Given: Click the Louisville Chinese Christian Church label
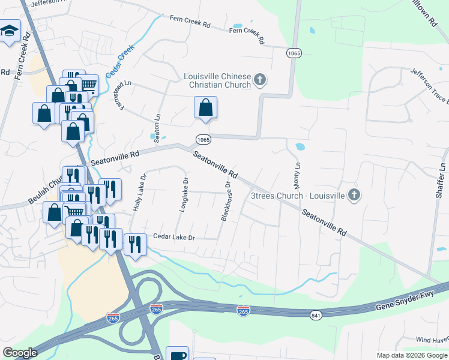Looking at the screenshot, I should click(x=217, y=80).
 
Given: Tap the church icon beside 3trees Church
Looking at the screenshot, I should click(x=354, y=195).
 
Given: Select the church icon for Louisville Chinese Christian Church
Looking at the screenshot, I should click(x=260, y=79).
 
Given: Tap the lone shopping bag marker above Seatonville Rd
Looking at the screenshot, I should click(x=205, y=108).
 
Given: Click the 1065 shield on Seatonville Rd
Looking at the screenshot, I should click(x=202, y=139).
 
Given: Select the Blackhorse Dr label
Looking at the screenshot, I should click(x=226, y=202).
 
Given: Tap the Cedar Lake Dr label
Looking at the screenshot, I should click(x=175, y=238).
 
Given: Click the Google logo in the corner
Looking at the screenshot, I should click(x=20, y=353).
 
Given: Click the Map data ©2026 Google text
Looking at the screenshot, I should click(x=412, y=355).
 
